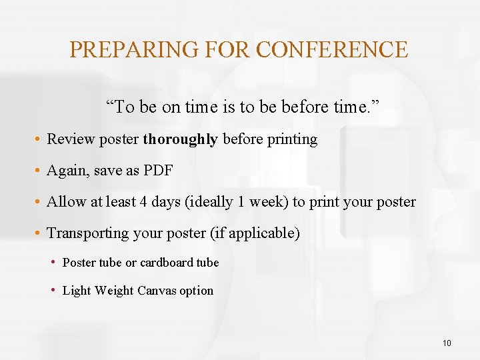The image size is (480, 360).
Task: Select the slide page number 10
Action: [446, 343]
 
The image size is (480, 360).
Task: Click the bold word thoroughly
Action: [180, 139]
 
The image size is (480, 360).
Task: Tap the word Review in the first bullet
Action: [67, 139]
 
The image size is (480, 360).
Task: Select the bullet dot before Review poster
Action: [39, 139]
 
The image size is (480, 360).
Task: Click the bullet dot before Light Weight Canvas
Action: [55, 291]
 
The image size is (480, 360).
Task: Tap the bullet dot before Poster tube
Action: [55, 263]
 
